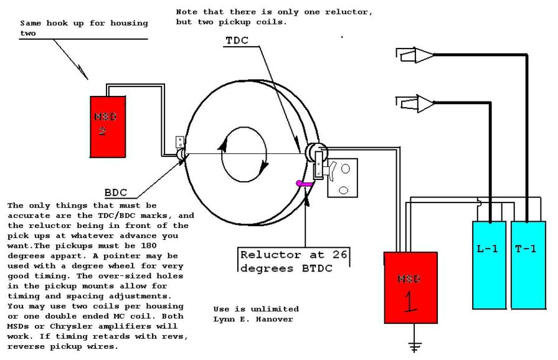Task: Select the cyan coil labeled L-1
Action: (x=489, y=265)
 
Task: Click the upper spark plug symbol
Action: (x=415, y=56)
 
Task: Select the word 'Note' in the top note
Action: (x=186, y=12)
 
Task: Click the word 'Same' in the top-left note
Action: (x=30, y=24)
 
